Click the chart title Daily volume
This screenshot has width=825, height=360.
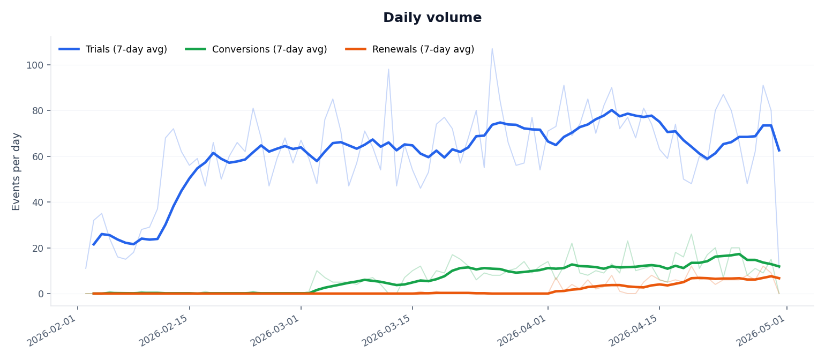pyautogui.click(x=432, y=18)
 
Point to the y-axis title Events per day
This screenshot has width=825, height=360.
pyautogui.click(x=17, y=171)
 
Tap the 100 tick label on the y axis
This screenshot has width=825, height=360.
pyautogui.click(x=35, y=65)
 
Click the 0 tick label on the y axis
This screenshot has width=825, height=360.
pyautogui.click(x=40, y=294)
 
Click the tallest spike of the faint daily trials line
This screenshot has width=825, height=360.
pyautogui.click(x=492, y=49)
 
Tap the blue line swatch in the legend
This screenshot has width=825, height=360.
pyautogui.click(x=69, y=49)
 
